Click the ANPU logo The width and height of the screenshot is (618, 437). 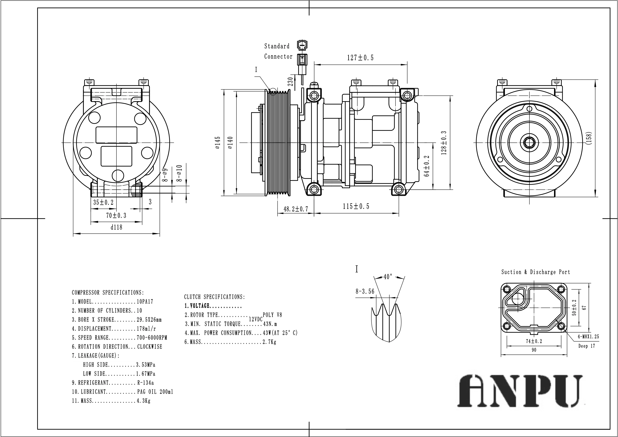(520, 391)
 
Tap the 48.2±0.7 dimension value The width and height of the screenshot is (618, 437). (296, 209)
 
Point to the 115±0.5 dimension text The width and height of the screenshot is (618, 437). (356, 207)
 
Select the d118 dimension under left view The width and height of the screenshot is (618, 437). (116, 227)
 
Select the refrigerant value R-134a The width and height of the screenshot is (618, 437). (145, 383)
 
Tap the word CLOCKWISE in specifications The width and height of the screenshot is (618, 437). (150, 347)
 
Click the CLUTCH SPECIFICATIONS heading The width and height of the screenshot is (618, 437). (215, 297)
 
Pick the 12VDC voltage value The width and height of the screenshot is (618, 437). (255, 319)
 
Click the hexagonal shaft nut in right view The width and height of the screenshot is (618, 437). (529, 142)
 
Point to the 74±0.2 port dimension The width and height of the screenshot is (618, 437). (534, 341)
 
